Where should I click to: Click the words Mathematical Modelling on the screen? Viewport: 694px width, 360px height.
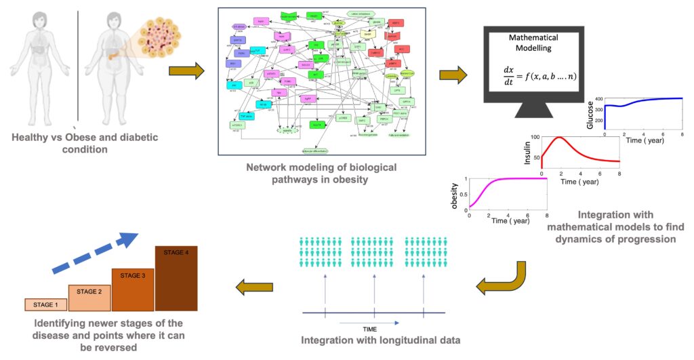tap(533, 42)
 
